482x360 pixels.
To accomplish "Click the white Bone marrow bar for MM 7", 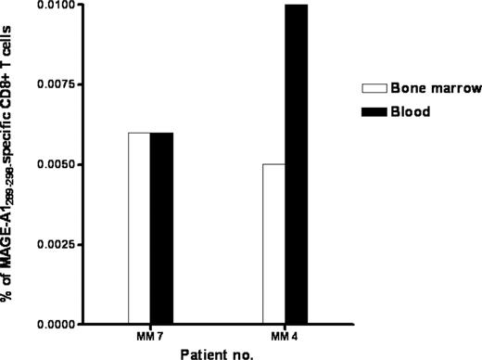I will point(139,228).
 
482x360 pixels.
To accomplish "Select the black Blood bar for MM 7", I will point(162,228).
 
